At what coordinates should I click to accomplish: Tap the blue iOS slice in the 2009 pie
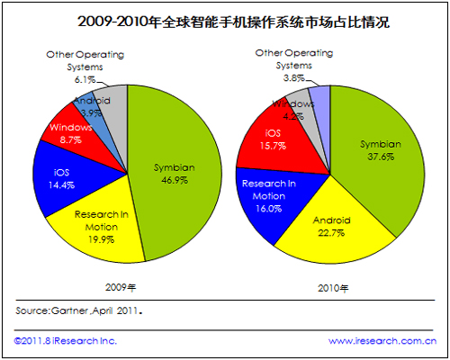point(66,180)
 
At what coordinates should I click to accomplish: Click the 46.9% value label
point(175,180)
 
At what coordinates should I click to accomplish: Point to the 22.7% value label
point(331,233)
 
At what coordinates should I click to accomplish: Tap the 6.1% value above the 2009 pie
point(85,80)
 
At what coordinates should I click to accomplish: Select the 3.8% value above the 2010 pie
point(294,78)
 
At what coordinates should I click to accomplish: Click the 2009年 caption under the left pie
point(121,287)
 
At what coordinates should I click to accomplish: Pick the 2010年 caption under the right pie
point(333,289)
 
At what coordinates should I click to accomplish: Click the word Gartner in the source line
point(69,310)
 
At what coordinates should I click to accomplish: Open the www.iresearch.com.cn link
point(382,341)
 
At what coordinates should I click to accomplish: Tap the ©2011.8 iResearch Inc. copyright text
point(66,341)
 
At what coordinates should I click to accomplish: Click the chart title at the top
point(233,22)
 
